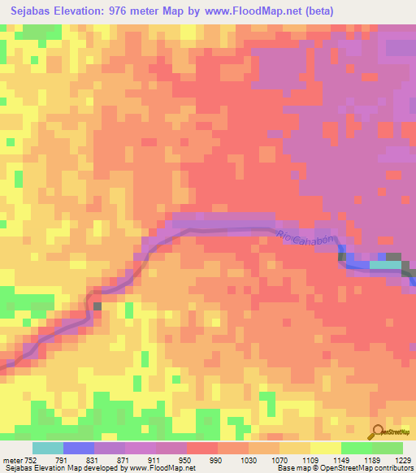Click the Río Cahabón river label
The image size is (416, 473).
pos(305,243)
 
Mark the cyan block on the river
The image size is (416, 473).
pos(385,264)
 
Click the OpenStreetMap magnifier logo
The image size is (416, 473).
pos(379,432)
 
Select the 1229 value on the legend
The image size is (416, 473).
pos(403,460)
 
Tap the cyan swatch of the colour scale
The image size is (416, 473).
pos(47,448)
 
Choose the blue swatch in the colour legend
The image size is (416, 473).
pos(79,448)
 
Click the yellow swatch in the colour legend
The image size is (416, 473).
pos(325,448)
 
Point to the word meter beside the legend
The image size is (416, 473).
pos(11,460)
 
